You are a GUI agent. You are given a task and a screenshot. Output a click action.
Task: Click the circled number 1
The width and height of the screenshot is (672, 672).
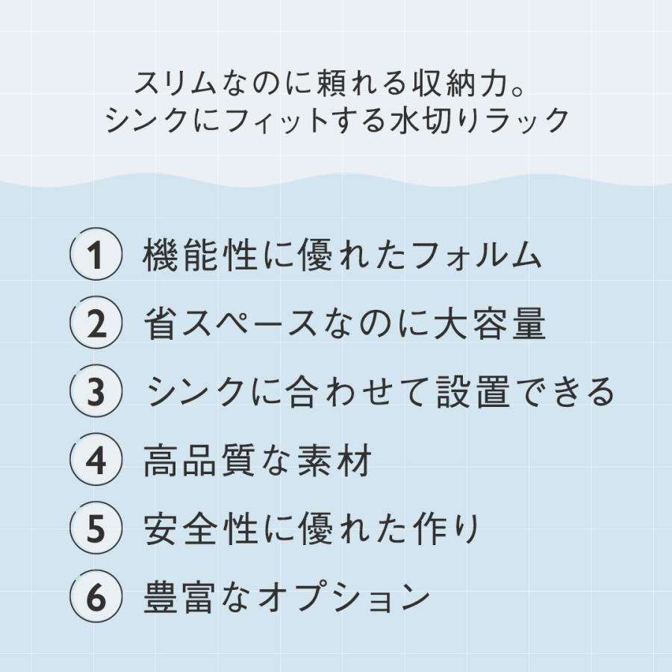tap(96, 256)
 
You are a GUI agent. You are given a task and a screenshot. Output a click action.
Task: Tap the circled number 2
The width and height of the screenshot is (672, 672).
tap(96, 324)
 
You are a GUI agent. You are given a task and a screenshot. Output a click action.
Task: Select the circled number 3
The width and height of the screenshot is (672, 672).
tap(96, 392)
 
